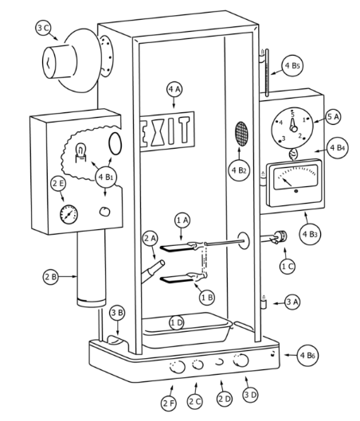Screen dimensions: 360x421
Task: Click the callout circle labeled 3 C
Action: (43, 28)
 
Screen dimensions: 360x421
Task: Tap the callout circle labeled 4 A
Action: (174, 89)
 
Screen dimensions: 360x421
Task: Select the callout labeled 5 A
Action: (333, 116)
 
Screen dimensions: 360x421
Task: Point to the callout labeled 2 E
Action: (59, 183)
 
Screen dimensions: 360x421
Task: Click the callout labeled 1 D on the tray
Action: (177, 323)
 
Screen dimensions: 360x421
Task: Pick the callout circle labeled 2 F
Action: (169, 403)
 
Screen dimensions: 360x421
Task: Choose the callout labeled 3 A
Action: (292, 302)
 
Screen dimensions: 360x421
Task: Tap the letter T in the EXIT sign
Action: (184, 130)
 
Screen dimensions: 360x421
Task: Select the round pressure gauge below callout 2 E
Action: (68, 214)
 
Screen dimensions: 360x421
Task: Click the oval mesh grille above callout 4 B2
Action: (241, 134)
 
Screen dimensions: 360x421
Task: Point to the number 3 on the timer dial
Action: (283, 138)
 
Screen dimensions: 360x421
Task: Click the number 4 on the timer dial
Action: (281, 123)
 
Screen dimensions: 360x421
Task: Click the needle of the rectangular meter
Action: (287, 181)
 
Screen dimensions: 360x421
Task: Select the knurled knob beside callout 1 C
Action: (281, 236)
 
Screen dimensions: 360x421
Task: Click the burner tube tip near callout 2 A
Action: (162, 263)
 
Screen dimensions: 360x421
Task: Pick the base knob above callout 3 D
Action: (241, 361)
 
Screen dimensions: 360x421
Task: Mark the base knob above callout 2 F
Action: (178, 367)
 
